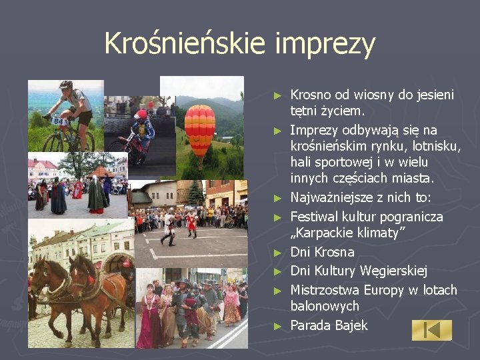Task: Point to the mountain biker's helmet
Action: pos(65,85)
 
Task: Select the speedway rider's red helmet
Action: pos(140,115)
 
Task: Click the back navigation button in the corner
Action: pos(431,330)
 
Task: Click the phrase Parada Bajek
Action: pos(329,326)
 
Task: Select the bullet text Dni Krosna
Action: pos(322,253)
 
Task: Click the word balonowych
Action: pos(325,307)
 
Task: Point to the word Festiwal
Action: pos(315,217)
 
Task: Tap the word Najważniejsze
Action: pos(335,198)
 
